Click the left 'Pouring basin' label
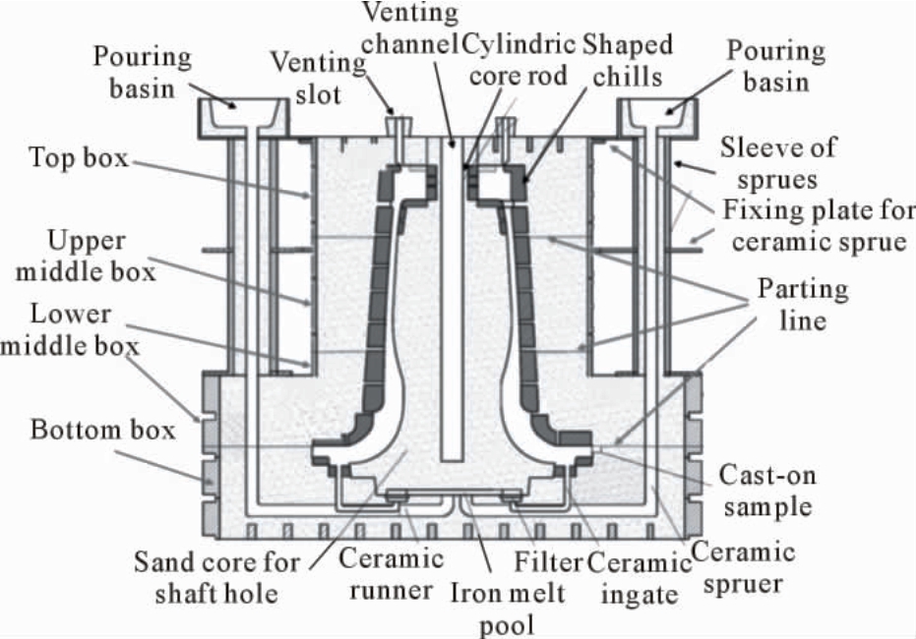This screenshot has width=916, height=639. pos(142,73)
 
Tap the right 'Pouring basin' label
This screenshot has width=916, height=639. pos(775,66)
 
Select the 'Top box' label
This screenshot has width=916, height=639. pos(79,157)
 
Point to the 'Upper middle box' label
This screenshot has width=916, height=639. pos(86,257)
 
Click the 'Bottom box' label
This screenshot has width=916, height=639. pos(102,430)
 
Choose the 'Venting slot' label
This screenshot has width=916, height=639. pos(318,79)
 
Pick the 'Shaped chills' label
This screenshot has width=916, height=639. pos(628,61)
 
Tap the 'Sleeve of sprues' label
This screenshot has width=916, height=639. pos(778,163)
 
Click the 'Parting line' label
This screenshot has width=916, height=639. pos(803,305)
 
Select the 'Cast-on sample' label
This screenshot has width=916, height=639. pos(767,491)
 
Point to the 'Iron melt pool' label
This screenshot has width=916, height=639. pos(507,609)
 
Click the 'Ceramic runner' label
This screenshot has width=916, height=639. pos(391,574)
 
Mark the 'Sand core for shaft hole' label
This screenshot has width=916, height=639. pos(216,578)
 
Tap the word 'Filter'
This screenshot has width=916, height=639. pos(548,562)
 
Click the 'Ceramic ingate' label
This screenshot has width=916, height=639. pos(640,579)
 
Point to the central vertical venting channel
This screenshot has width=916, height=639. pos(453,300)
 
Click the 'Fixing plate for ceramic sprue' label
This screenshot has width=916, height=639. pos(819,226)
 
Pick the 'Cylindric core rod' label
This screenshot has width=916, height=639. pos(519,60)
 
